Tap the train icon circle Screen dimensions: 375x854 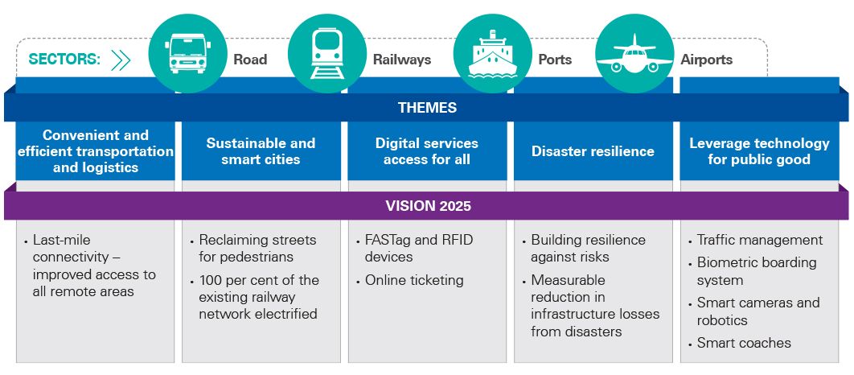click(x=326, y=52)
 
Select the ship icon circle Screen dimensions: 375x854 click(x=492, y=52)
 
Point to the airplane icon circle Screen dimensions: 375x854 click(x=634, y=52)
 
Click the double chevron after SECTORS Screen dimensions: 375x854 click(x=121, y=60)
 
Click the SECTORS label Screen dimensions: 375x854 click(x=64, y=60)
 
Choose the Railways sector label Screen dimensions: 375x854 click(x=401, y=60)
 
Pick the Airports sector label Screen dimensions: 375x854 click(x=706, y=60)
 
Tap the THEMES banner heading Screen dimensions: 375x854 click(x=427, y=108)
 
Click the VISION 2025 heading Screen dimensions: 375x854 click(x=427, y=206)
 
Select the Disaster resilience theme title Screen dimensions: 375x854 click(x=593, y=151)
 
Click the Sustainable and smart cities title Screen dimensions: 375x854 click(x=261, y=151)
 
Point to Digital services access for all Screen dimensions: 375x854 click(x=426, y=151)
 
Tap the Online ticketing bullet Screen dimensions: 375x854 click(x=414, y=280)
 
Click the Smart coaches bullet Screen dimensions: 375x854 click(x=744, y=343)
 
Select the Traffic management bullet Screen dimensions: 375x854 click(x=759, y=240)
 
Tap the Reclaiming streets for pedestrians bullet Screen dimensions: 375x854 click(x=257, y=248)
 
